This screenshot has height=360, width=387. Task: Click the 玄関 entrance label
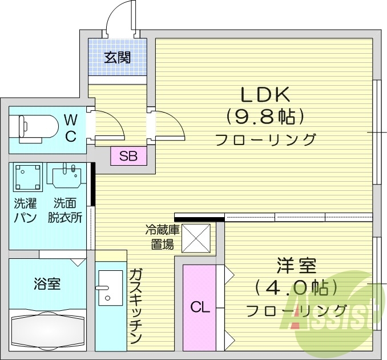[118, 57]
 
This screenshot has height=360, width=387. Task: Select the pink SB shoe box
[128, 156]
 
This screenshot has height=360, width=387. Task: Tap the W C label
[71, 128]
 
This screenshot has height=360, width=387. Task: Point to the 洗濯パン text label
[25, 210]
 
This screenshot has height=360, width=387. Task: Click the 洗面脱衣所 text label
[65, 210]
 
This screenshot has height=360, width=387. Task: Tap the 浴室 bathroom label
[47, 283]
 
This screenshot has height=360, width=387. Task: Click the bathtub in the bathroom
[47, 330]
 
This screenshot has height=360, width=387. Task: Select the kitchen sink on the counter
[106, 288]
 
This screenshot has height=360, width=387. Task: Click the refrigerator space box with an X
[196, 238]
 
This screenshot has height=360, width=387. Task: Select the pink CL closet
[200, 307]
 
